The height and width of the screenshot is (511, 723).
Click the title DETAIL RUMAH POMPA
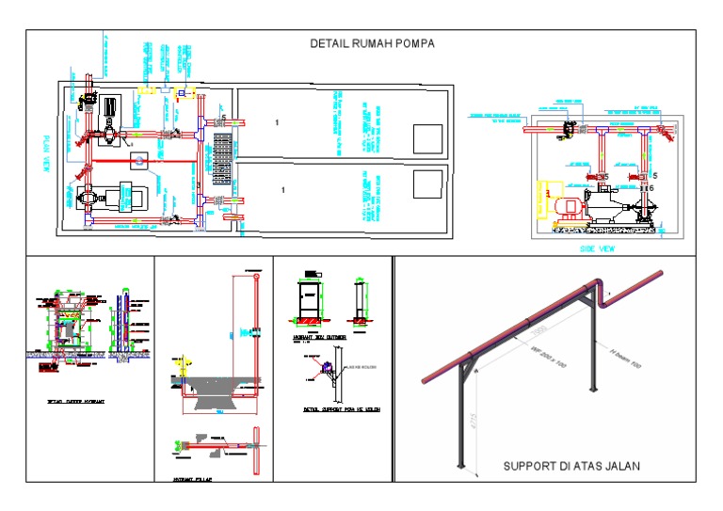[372, 43]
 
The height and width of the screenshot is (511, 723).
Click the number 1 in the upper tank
[277, 123]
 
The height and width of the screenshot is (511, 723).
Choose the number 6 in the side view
[651, 188]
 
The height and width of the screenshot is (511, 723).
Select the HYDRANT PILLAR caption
[194, 479]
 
